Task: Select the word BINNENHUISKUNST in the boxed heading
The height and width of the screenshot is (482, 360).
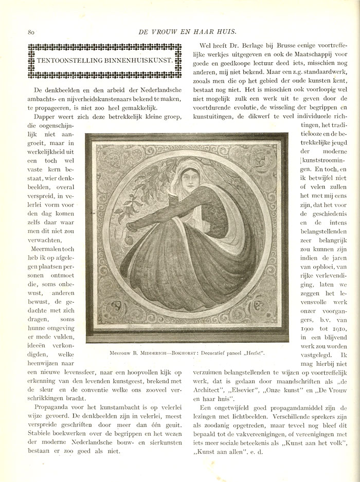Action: pyautogui.click(x=133, y=61)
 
